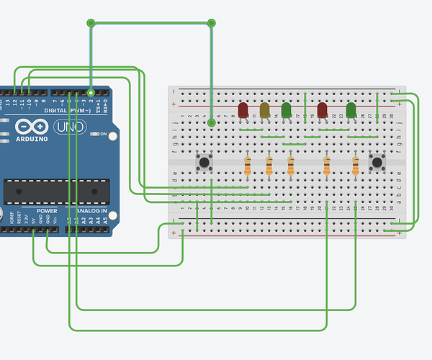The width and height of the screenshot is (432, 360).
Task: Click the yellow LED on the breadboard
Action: coord(265,109)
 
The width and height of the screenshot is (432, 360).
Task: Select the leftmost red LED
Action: coord(243,109)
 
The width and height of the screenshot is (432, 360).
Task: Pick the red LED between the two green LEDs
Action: coord(323,110)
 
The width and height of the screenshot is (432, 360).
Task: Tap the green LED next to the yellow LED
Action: coord(287,109)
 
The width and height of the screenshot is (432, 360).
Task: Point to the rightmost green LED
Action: coord(351,110)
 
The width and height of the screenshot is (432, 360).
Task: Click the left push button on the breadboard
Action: coord(204,161)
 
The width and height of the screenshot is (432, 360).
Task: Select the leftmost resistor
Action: coord(248,167)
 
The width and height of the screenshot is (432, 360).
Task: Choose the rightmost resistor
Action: coord(356,167)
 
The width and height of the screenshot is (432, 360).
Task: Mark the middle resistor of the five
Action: coord(291,167)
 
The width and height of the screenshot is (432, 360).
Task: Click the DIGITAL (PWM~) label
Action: coord(66,110)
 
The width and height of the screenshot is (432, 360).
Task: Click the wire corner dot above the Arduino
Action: coord(90,23)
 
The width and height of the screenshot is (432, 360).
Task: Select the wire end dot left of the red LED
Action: coord(212,123)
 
